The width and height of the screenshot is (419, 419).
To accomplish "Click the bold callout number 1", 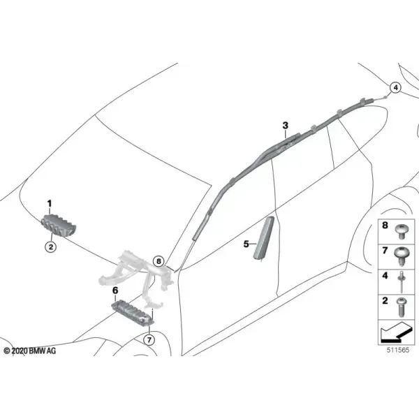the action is point(50,204).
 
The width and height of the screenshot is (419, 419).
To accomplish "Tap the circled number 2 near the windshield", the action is point(51,247).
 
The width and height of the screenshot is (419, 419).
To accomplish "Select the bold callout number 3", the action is point(286,125).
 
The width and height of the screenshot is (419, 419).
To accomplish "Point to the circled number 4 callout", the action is point(395,87).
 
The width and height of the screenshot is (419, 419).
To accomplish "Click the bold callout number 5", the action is point(246,244).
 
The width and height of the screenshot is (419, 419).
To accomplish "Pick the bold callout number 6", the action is point(115,291).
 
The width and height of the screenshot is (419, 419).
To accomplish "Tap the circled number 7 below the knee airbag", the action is point(149,340).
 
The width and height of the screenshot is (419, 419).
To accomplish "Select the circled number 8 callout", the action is point(159,260).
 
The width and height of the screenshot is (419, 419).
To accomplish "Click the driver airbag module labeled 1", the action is point(59,226).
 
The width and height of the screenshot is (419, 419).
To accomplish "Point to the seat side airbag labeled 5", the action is point(264,238).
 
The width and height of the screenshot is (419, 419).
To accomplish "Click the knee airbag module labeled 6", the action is point(133,312).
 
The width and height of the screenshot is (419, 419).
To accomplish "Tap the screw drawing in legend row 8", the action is point(401,231).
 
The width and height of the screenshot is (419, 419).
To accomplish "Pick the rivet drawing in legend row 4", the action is point(401,282).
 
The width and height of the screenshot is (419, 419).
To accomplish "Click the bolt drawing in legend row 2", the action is point(401,307).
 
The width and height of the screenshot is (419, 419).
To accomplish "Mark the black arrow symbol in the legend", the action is point(395,332).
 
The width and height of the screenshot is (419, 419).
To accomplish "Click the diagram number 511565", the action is point(398,350).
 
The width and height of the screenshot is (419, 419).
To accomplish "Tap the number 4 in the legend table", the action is point(385,275).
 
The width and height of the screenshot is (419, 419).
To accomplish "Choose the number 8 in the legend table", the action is point(385,225).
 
